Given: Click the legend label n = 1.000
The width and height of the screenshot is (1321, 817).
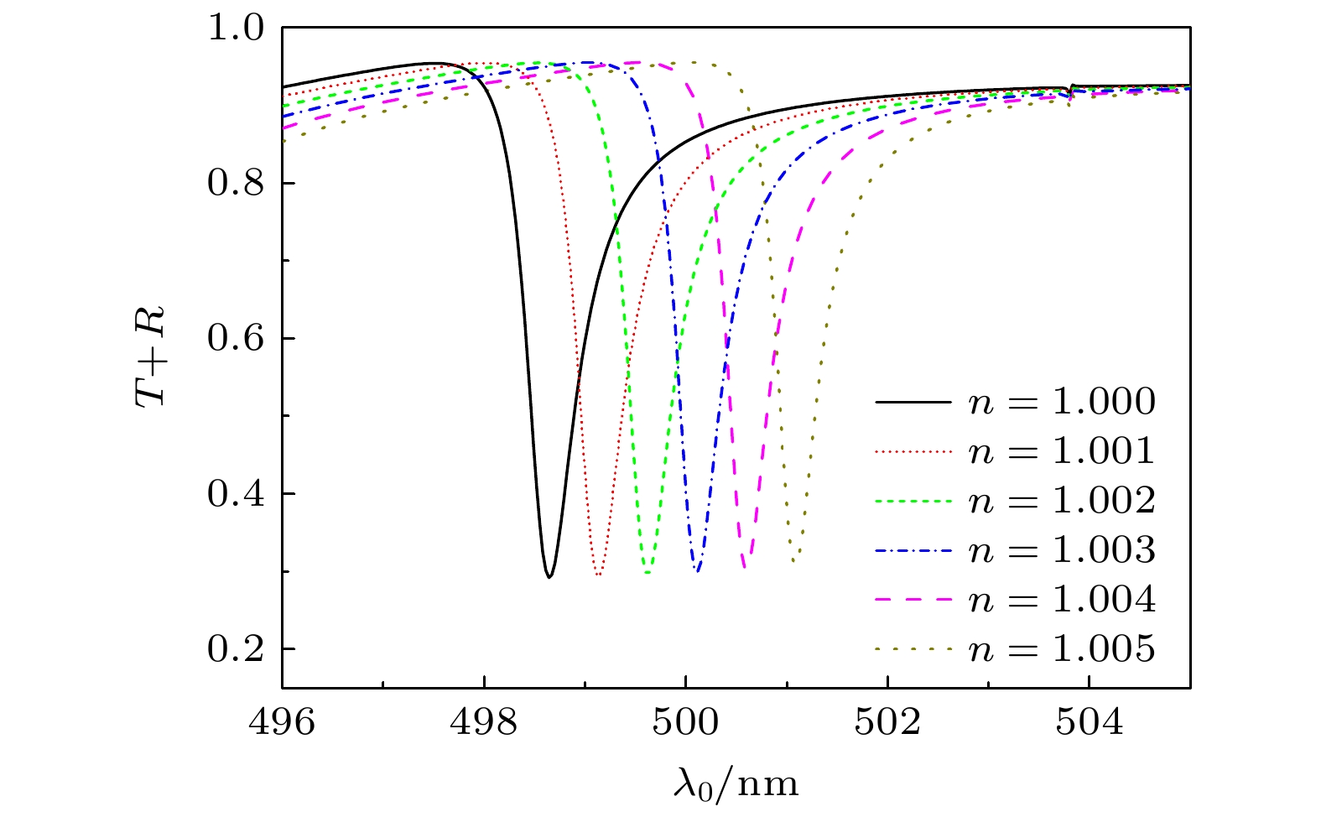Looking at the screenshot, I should click(x=1062, y=403).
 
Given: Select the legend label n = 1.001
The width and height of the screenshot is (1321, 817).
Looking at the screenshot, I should click(x=1062, y=452).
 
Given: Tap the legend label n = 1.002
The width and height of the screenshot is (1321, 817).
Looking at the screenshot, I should click(x=1062, y=502).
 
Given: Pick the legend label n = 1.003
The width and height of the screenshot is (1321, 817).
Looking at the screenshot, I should click(x=1062, y=551).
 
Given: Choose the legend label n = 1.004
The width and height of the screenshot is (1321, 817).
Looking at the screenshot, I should click(x=1062, y=601).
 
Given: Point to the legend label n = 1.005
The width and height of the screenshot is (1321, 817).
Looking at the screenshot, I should click(x=1062, y=650).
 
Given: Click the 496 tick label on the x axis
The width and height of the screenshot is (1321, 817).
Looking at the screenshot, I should click(x=283, y=722).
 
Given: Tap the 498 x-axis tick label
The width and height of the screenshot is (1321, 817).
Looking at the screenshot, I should click(x=484, y=722).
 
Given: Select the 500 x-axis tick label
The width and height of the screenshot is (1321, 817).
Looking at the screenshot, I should click(x=686, y=722).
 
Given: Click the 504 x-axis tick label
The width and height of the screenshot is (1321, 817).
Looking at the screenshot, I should click(x=1089, y=722).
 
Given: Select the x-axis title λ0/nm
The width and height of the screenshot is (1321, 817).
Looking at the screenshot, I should click(x=736, y=783).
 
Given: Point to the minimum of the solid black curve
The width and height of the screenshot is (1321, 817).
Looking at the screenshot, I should click(x=549, y=577).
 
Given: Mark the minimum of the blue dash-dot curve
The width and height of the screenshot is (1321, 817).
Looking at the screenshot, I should click(x=697, y=571).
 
